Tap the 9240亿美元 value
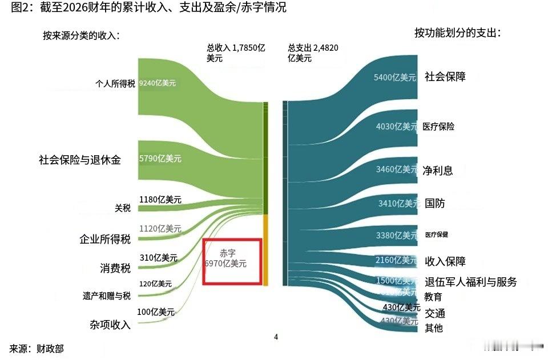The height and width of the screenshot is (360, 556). [x=158, y=83]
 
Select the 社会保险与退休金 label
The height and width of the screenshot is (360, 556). [x=80, y=160]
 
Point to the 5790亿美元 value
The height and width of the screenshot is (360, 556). [x=160, y=160]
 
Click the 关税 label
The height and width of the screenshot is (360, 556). [x=123, y=208]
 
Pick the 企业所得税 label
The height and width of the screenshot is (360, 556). [x=105, y=239]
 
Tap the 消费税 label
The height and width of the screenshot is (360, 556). [x=115, y=268]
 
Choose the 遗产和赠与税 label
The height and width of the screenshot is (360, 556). [x=107, y=296]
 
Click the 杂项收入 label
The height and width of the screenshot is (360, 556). [x=110, y=325]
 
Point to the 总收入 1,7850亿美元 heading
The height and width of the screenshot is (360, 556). [x=236, y=53]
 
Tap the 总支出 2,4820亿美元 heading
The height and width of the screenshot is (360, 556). [x=313, y=53]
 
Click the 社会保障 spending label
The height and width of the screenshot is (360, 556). [x=445, y=76]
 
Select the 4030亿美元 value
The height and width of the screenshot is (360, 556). [x=396, y=127]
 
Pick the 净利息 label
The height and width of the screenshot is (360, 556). [x=438, y=170]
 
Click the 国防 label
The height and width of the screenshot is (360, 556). [x=435, y=203]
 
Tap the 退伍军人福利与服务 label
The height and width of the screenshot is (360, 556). [x=471, y=281]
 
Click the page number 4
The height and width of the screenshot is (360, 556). [x=276, y=337]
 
